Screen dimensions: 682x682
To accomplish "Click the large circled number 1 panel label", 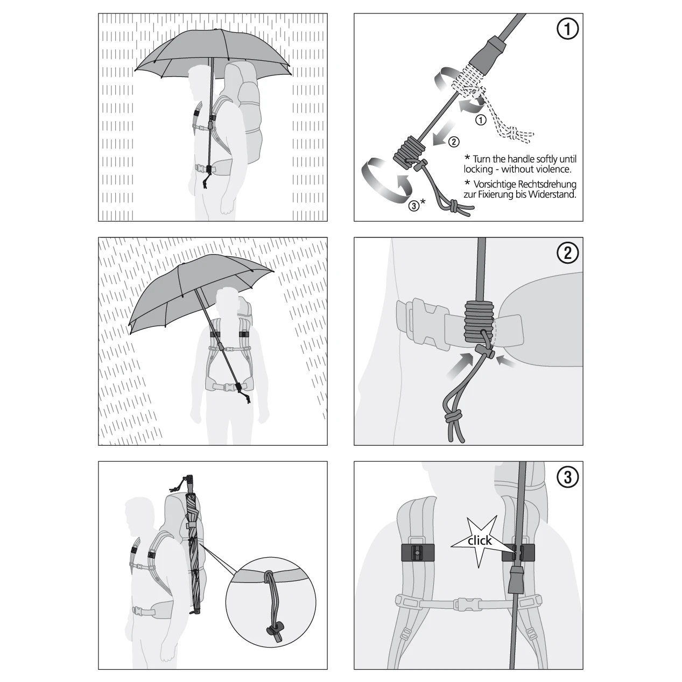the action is coord(568,29).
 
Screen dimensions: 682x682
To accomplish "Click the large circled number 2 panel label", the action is coord(568,252).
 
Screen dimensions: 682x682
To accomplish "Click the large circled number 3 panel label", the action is coord(568,477).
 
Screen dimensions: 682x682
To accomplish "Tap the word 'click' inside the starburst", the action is coord(480,540).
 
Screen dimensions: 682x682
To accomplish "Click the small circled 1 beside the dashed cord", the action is coord(480,121).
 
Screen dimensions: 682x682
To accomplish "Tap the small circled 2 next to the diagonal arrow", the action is coord(454,142).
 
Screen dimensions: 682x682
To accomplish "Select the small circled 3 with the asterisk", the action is coord(417,205).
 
